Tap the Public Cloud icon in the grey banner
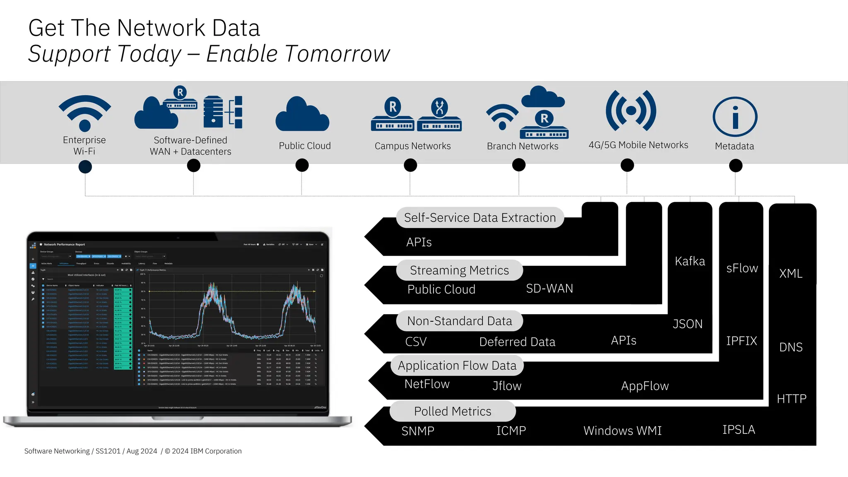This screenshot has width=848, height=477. [x=302, y=115]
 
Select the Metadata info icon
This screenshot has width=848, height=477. [x=735, y=117]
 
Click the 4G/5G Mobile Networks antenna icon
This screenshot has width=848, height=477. [x=631, y=111]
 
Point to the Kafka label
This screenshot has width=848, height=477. [x=690, y=261]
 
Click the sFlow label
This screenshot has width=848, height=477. [x=742, y=268]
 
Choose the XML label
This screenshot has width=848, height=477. [x=791, y=274]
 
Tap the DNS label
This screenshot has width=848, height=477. [x=791, y=347]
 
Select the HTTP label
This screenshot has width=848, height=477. [x=792, y=399]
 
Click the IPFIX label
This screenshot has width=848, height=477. [x=742, y=341]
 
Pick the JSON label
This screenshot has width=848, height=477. [x=688, y=324]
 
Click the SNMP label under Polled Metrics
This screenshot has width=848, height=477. [x=418, y=431]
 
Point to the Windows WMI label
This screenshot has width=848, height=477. [x=622, y=431]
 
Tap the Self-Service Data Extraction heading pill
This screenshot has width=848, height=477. [x=480, y=218]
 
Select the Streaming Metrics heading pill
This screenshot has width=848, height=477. [x=459, y=270]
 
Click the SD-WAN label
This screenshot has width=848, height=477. [x=549, y=289]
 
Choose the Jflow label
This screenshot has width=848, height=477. [x=507, y=386]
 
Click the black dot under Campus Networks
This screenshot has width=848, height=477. [x=410, y=165]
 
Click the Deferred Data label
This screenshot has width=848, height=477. [x=517, y=342]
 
